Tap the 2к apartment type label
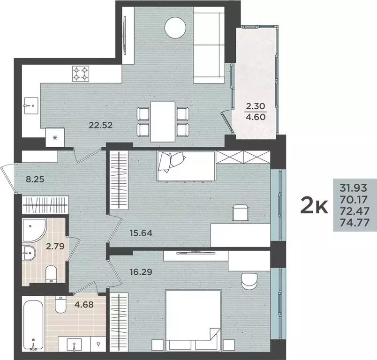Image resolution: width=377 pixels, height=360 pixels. (x=314, y=207)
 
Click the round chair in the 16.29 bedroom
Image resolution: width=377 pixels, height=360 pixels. (x=249, y=281)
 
